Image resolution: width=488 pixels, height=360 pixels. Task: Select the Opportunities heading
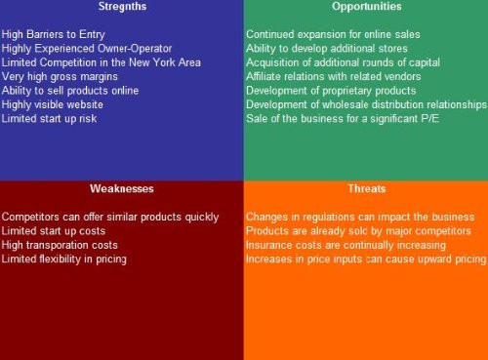click(366, 7)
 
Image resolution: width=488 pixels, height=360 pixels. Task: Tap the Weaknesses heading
click(121, 188)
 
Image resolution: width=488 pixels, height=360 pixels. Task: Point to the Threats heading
click(366, 188)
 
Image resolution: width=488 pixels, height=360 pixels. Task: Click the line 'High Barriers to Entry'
click(53, 34)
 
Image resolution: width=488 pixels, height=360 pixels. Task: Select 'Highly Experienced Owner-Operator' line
click(87, 48)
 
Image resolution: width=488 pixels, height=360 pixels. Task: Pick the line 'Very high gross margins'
click(59, 76)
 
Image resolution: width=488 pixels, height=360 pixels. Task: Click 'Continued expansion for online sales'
click(333, 34)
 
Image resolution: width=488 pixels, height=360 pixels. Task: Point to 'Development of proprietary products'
click(331, 90)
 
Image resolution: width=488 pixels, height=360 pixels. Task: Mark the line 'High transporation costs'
click(60, 245)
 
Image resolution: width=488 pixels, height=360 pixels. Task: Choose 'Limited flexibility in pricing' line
click(64, 259)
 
